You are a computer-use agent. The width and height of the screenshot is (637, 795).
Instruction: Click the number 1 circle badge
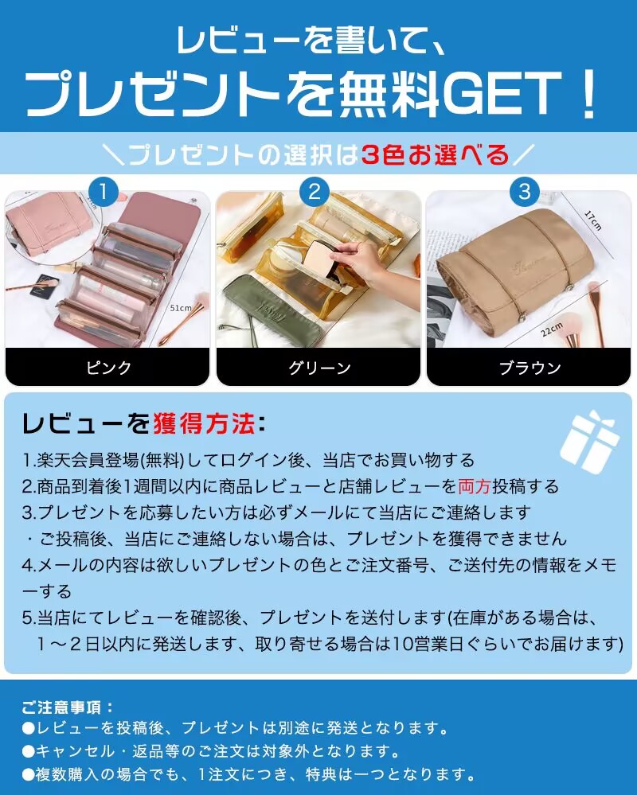pyautogui.click(x=103, y=192)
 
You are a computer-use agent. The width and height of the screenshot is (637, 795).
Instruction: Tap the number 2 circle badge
pyautogui.click(x=315, y=192)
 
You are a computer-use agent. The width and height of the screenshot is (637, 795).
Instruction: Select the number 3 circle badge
pyautogui.click(x=525, y=192)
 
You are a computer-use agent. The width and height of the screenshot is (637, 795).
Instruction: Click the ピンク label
pyautogui.click(x=108, y=367)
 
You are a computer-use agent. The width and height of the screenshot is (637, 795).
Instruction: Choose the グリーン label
pyautogui.click(x=319, y=367)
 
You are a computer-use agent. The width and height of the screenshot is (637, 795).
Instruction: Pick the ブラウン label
pyautogui.click(x=530, y=367)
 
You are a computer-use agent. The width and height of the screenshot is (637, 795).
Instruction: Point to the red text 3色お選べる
pyautogui.click(x=435, y=154)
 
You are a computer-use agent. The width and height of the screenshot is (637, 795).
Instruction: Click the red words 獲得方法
pyautogui.click(x=203, y=423)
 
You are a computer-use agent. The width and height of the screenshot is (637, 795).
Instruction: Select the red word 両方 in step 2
pyautogui.click(x=475, y=486)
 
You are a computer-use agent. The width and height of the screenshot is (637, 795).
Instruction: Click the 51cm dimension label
pyautogui.click(x=181, y=308)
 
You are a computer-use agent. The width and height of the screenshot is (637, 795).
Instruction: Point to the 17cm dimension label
pyautogui.click(x=592, y=220)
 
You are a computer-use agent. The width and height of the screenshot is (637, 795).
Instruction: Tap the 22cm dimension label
pyautogui.click(x=551, y=329)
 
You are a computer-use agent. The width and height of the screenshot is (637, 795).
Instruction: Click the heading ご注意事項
pyautogui.click(x=68, y=707)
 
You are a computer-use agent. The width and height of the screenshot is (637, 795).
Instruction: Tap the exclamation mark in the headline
pyautogui.click(x=588, y=93)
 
